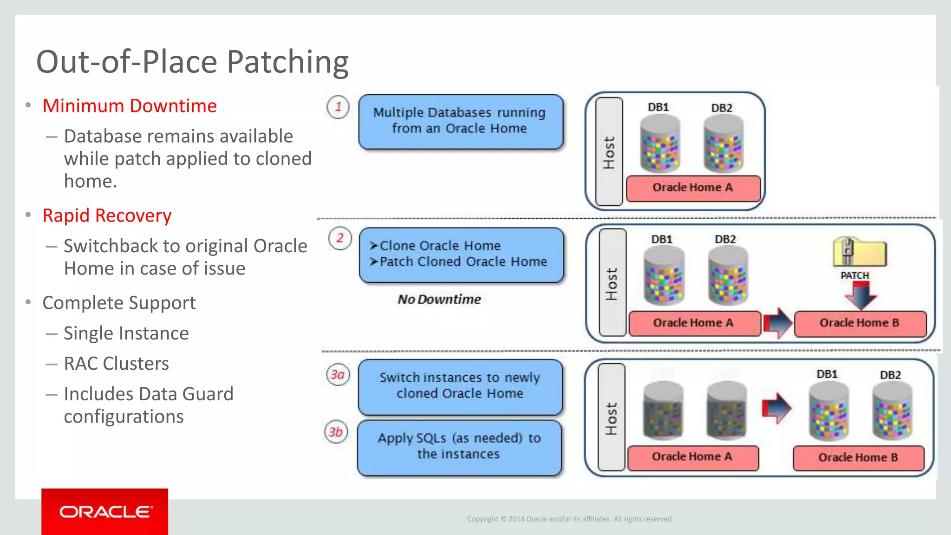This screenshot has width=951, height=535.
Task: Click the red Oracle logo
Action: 104,511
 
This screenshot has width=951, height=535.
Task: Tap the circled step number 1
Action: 338,107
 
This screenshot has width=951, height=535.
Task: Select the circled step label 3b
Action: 336,432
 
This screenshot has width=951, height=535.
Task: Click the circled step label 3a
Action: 338,374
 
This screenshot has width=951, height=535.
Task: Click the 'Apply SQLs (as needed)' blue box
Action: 459,447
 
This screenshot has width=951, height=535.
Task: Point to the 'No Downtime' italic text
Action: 439,299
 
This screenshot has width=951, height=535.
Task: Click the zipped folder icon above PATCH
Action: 859,252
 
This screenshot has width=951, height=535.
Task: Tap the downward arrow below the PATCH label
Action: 860,296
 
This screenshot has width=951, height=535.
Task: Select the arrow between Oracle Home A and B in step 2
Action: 777,322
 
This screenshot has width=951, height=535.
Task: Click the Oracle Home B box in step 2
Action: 860,323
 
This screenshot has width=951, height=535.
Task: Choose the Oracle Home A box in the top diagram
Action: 693,188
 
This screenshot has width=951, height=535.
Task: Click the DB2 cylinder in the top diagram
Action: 723,144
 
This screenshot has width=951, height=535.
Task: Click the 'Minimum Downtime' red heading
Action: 130,106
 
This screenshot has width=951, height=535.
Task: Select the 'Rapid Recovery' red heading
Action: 107,215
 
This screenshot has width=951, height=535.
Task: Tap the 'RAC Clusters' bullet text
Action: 116,363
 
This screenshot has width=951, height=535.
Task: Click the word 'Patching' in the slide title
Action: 288,62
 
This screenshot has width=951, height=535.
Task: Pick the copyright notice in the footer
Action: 570,519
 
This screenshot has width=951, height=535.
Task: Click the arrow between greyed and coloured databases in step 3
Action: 776,408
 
